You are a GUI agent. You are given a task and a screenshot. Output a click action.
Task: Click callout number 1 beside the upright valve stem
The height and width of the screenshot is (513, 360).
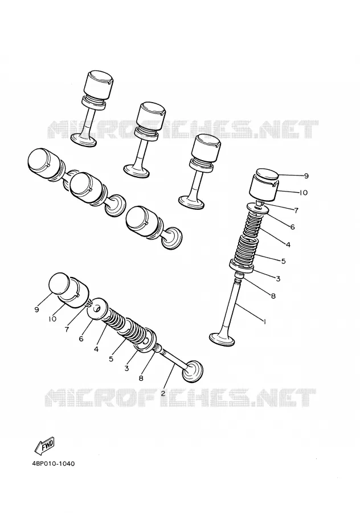coord(264,322)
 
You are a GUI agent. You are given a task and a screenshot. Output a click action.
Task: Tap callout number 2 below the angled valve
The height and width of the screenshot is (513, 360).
coord(163,393)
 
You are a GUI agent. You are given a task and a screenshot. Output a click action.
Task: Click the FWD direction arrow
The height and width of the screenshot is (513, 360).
coord(44,445)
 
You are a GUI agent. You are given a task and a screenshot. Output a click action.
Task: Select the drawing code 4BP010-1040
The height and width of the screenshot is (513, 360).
coord(54,463)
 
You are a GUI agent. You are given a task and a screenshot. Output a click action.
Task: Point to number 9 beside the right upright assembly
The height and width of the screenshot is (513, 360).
coord(306,176)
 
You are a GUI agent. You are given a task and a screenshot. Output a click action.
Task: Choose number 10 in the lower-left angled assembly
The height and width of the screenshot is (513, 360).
coord(52,319)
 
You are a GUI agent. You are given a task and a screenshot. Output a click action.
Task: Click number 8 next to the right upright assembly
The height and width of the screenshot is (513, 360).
coord(273,296)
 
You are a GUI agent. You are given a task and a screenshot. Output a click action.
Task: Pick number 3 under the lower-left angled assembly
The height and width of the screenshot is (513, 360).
coord(126,368)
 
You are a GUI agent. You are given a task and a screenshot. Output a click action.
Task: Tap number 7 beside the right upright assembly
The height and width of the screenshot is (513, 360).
coord(296,210)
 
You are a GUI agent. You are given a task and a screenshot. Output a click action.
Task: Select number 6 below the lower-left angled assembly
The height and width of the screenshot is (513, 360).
coord(81,339)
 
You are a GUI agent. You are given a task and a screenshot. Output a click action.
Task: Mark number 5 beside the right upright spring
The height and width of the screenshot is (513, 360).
coord(283,261)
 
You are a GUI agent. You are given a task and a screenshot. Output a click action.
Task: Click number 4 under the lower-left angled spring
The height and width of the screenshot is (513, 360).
coord(96,349)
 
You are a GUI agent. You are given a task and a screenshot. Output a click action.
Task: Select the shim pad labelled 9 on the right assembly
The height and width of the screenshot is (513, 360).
coord(267,174)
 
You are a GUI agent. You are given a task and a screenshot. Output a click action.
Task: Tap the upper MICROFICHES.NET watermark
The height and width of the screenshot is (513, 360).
coord(183,129)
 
